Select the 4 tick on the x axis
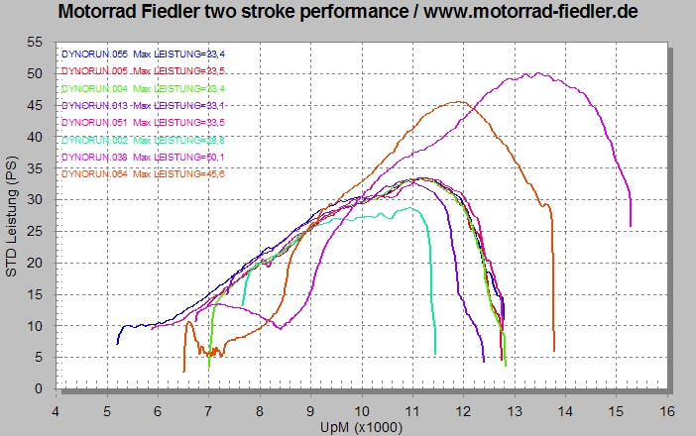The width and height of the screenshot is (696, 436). [57, 408]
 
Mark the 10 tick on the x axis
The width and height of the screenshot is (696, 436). [362, 408]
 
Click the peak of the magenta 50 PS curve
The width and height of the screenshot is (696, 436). [536, 73]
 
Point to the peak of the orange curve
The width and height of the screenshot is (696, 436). [457, 101]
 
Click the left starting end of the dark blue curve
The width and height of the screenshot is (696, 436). [117, 343]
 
